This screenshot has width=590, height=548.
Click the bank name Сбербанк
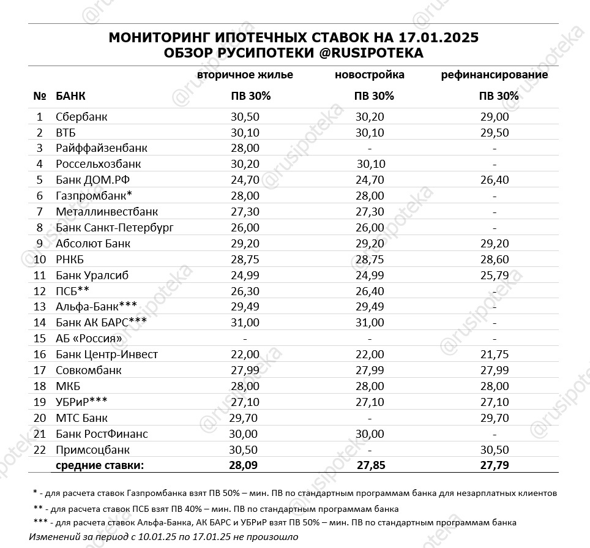click(81, 116)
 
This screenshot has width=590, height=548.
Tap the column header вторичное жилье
click(245, 75)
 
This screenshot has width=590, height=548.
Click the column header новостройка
click(370, 75)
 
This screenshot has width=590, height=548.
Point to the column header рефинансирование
click(495, 75)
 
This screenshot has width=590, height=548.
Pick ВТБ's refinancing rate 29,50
click(495, 132)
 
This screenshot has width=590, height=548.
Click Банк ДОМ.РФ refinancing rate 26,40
click(495, 180)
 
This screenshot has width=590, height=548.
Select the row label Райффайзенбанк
click(101, 148)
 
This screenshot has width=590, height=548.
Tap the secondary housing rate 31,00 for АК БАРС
click(245, 323)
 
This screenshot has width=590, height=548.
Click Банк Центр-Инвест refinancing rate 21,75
click(495, 355)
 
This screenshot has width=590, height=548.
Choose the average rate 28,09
click(245, 465)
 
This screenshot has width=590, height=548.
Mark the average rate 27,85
click(370, 465)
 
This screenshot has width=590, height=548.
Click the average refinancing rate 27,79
click(495, 465)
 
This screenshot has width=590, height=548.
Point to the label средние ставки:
click(100, 465)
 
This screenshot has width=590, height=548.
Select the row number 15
click(40, 339)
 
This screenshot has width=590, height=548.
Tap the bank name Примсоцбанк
click(92, 450)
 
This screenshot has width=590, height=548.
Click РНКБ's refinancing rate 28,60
click(495, 260)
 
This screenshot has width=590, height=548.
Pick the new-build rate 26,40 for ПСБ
click(370, 291)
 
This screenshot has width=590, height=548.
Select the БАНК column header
click(70, 96)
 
